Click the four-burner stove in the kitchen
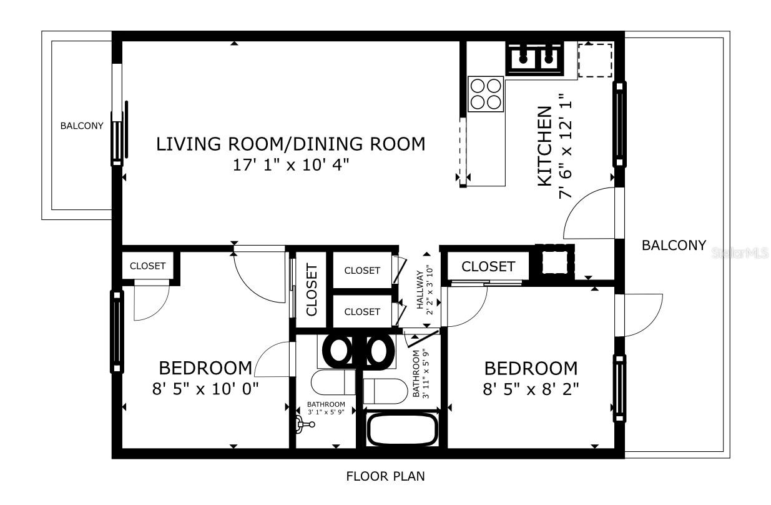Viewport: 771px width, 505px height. (x=486, y=94)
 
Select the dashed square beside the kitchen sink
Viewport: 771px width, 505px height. (x=594, y=59)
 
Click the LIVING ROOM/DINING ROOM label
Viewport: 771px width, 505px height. (x=290, y=144)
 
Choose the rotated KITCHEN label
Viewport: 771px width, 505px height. (x=544, y=146)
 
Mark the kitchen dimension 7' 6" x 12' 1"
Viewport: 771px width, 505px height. (x=566, y=146)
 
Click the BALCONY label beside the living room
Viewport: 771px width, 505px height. (x=81, y=126)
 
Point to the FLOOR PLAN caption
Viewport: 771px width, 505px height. (x=385, y=476)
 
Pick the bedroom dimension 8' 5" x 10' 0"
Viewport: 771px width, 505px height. (x=205, y=389)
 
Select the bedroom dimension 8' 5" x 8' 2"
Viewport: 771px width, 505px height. (x=531, y=389)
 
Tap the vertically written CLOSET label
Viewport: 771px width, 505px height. (x=312, y=289)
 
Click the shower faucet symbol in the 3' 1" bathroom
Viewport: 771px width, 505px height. (x=305, y=424)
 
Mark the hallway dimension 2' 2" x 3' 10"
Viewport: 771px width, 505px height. (x=430, y=290)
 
